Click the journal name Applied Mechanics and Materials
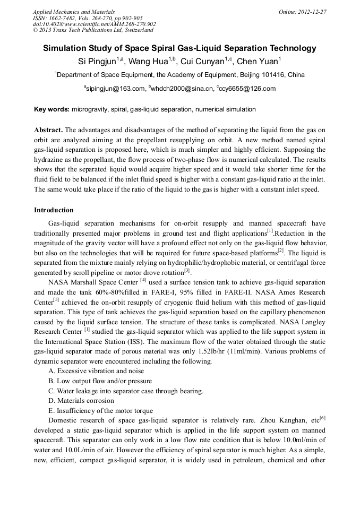coord(74,12)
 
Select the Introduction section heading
coord(54,211)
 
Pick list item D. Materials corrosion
coord(83,401)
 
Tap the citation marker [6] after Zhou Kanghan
coord(322,418)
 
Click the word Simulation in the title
coord(69,48)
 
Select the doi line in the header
coord(94,24)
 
